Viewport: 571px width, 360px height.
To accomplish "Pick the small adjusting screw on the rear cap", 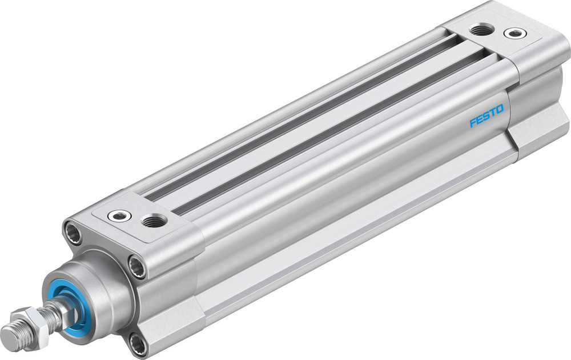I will coord(516,33).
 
